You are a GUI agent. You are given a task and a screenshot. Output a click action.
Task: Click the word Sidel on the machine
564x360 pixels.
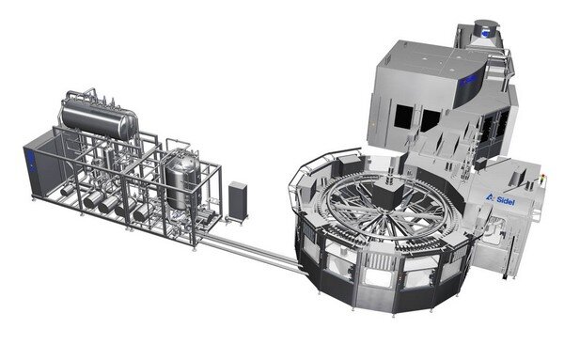click(506, 201)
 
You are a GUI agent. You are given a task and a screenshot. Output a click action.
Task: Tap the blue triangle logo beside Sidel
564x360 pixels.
click(490, 197)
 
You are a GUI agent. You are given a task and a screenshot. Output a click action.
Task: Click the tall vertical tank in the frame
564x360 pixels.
click(182, 181)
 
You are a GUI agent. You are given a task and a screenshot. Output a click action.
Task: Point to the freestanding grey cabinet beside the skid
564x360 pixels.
click(238, 201)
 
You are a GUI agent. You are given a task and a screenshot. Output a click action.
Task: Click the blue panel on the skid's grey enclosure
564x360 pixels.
click(31, 161)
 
